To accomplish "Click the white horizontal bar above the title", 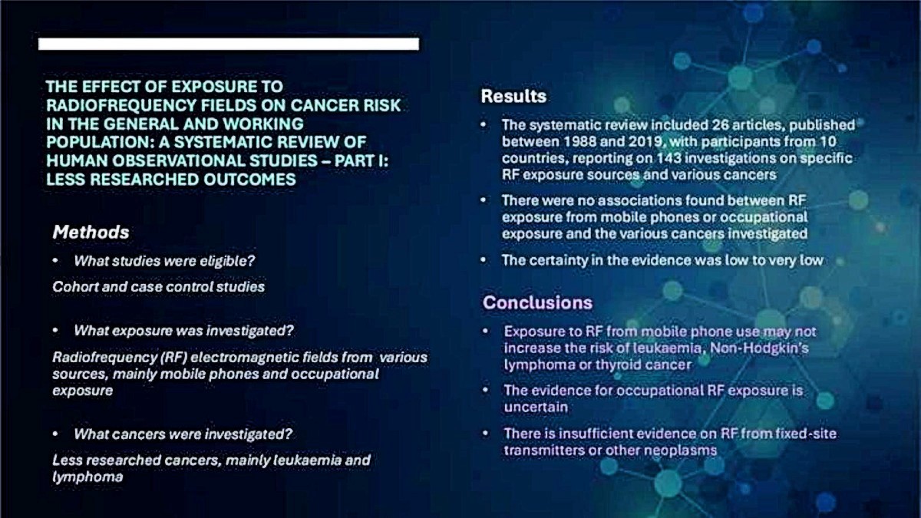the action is pyautogui.click(x=229, y=44).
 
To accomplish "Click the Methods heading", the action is pyautogui.click(x=91, y=233).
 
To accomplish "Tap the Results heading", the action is pyautogui.click(x=513, y=96).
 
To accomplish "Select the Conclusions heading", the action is pyautogui.click(x=537, y=302).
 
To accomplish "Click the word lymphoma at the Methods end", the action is pyautogui.click(x=87, y=477).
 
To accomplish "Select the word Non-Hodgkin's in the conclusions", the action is pyautogui.click(x=759, y=348).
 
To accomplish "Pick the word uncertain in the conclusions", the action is pyautogui.click(x=536, y=407).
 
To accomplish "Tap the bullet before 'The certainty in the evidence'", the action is pyautogui.click(x=484, y=260).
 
